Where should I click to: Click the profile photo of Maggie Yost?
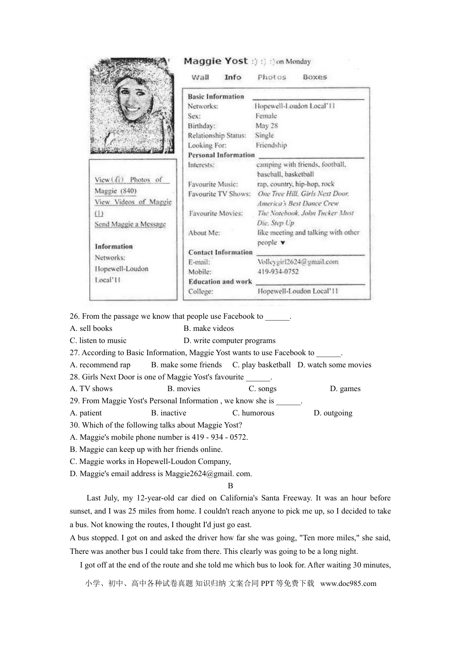[131, 105]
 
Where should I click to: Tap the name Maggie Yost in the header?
[215, 61]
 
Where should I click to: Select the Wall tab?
[200, 77]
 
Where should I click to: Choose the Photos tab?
[272, 77]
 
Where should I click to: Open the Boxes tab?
[314, 77]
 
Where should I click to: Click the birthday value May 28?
[266, 126]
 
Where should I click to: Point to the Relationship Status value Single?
[264, 136]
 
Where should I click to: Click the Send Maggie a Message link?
[130, 224]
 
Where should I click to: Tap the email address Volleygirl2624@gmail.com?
[297, 262]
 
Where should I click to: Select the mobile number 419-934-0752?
[278, 272]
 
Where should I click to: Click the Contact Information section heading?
[220, 252]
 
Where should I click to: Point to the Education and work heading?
[220, 281]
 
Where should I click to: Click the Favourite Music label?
[213, 184]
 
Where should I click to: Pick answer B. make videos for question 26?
[209, 328]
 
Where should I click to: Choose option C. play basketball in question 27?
[261, 365]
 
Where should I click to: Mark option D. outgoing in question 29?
[333, 413]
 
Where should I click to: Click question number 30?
[75, 425]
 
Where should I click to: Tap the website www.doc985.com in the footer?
[348, 584]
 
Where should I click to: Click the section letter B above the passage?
[230, 486]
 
